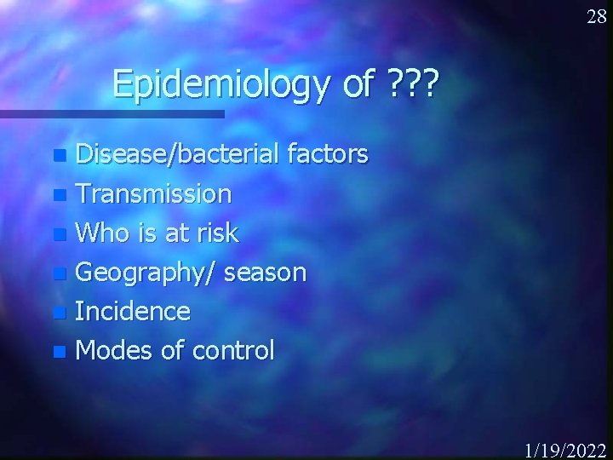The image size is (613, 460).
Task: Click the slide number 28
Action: coord(597,17)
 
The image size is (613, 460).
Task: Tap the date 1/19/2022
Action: coord(564,450)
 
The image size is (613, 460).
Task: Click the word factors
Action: coord(328,154)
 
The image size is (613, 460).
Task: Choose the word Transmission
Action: coord(153,194)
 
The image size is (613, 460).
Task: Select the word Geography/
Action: coord(149,273)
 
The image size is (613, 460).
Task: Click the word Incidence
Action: coord(133,311)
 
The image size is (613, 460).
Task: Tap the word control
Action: coord(234,350)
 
